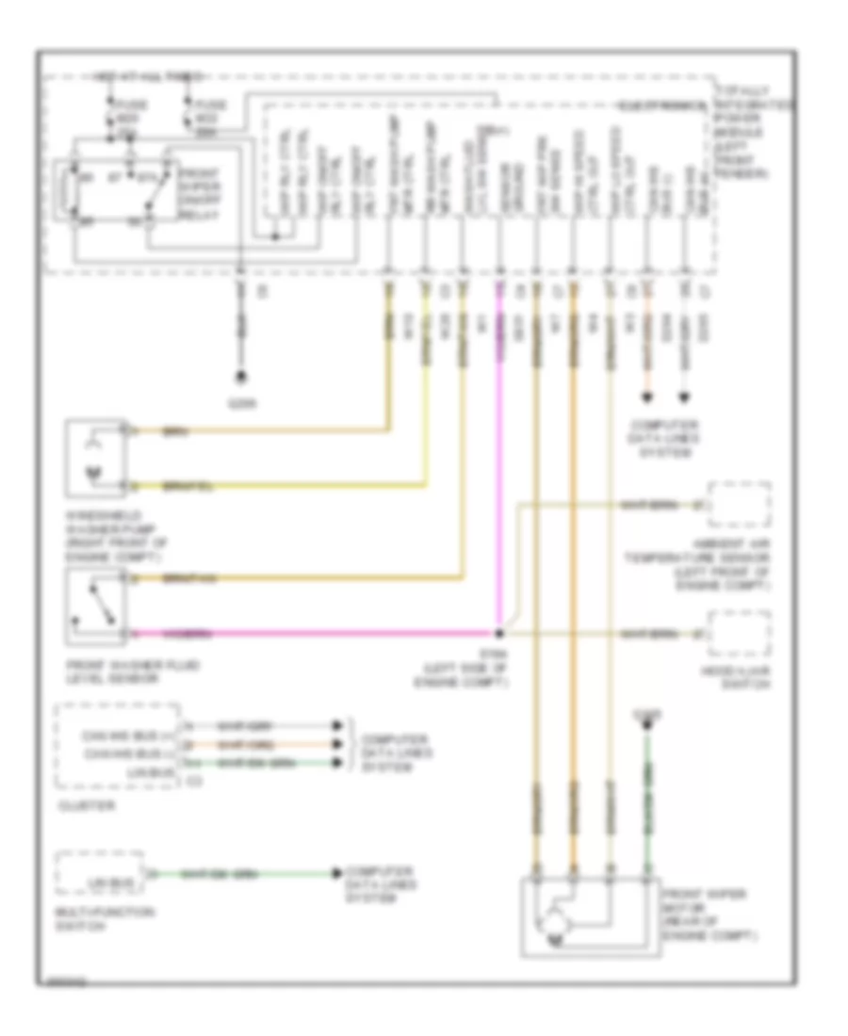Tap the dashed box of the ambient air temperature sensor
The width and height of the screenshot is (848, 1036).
739,506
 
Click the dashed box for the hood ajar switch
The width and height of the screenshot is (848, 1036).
739,636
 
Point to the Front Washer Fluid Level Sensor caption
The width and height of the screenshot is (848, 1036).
114,671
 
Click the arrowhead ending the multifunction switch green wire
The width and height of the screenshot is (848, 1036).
336,874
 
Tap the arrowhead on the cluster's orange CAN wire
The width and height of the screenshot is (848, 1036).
336,741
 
